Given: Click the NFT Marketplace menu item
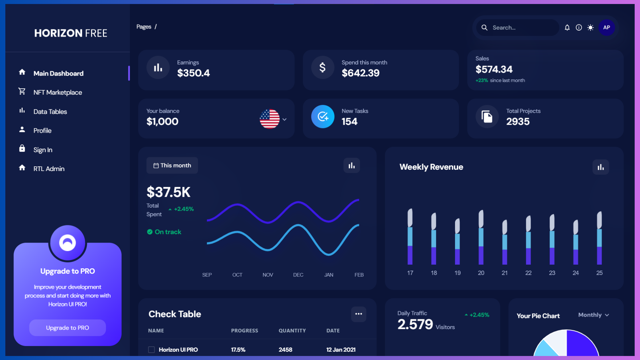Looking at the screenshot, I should tap(57, 92).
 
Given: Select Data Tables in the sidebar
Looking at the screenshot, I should tap(50, 112).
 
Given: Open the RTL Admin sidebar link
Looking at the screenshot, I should tap(49, 169).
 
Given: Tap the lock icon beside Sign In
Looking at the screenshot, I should tap(22, 148).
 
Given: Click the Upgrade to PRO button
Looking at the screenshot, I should tap(67, 328).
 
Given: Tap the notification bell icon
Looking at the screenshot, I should tap(567, 28).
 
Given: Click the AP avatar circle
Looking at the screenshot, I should tap(606, 28).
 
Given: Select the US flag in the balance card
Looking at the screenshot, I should tap(269, 119).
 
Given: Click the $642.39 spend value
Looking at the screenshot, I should tap(360, 73).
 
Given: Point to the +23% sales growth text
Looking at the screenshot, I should tap(482, 80).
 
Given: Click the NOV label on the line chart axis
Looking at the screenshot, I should tap(268, 275).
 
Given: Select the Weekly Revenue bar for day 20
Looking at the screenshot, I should tap(481, 237).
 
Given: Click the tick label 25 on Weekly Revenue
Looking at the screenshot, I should tap(599, 273).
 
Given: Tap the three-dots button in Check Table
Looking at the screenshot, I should tap(358, 314).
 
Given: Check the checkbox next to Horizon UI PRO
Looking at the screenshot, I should tap(151, 350).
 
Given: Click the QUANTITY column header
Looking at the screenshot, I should tap(292, 330).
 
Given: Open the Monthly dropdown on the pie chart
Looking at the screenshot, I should tap(593, 315).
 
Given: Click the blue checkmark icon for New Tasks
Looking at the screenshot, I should tap(323, 117).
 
